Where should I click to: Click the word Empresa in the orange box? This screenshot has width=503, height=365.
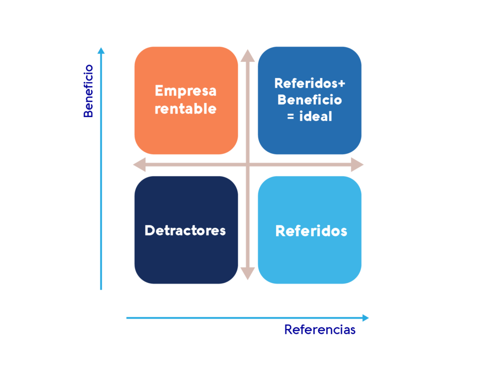point(185,91)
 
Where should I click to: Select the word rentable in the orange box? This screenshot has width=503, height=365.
point(185,109)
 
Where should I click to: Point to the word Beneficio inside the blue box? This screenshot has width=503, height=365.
point(309,100)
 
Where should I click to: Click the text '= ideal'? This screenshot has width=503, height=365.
point(309,117)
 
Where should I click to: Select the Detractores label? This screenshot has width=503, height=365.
point(185,230)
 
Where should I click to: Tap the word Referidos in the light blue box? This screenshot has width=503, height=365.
point(311,231)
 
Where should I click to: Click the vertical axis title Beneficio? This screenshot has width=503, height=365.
point(88,91)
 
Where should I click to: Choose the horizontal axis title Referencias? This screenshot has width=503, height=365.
point(319,330)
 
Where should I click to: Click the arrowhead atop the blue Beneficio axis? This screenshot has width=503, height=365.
point(101,51)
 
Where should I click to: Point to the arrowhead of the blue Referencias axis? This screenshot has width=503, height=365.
point(365,318)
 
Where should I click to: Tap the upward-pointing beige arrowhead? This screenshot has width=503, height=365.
point(248,55)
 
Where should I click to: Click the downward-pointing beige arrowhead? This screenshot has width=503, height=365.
point(248,274)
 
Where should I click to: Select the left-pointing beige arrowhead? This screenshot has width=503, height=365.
point(139,165)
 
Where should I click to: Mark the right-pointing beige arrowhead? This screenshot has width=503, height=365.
point(357,165)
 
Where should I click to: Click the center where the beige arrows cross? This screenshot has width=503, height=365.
point(248,165)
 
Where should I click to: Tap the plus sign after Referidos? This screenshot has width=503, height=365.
point(342,83)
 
